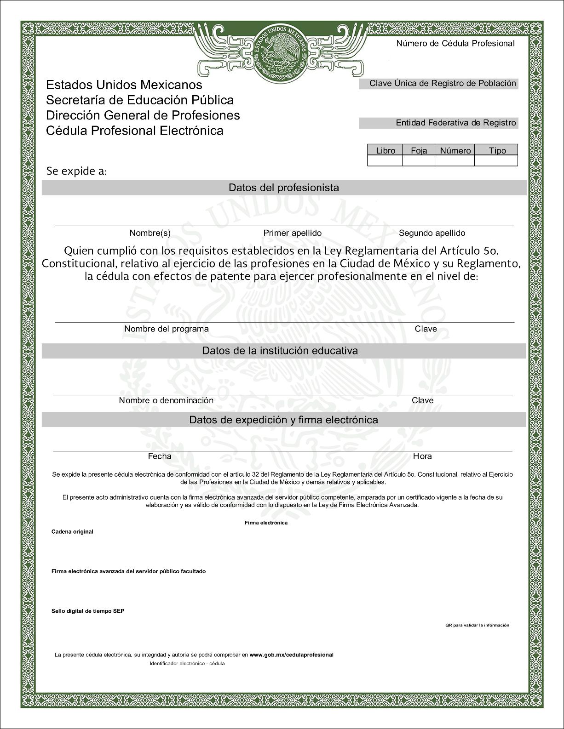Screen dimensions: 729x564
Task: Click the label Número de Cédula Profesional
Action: [455, 44]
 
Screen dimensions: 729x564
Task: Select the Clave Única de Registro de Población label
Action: [443, 84]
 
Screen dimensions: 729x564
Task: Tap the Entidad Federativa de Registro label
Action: [456, 123]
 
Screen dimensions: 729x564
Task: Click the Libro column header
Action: [386, 150]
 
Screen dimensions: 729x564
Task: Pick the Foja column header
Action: [419, 150]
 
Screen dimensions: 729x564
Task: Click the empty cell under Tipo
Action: [496, 161]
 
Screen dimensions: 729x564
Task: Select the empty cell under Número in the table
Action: [455, 161]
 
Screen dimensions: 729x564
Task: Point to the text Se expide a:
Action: [76, 171]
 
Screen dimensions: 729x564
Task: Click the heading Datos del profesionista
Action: [283, 188]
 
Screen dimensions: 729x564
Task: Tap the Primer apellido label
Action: [292, 233]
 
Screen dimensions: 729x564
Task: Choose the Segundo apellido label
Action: [432, 233]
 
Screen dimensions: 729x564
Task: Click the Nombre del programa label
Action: [166, 329]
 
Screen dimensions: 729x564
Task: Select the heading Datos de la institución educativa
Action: [280, 351]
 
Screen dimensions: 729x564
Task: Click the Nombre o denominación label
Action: [166, 400]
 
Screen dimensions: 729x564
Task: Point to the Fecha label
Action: [160, 456]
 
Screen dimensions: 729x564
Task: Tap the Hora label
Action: [422, 456]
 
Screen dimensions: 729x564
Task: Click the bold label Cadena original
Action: [72, 532]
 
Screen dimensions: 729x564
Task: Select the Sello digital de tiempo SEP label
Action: [88, 611]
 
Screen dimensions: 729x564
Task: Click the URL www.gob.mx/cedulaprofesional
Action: [291, 655]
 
